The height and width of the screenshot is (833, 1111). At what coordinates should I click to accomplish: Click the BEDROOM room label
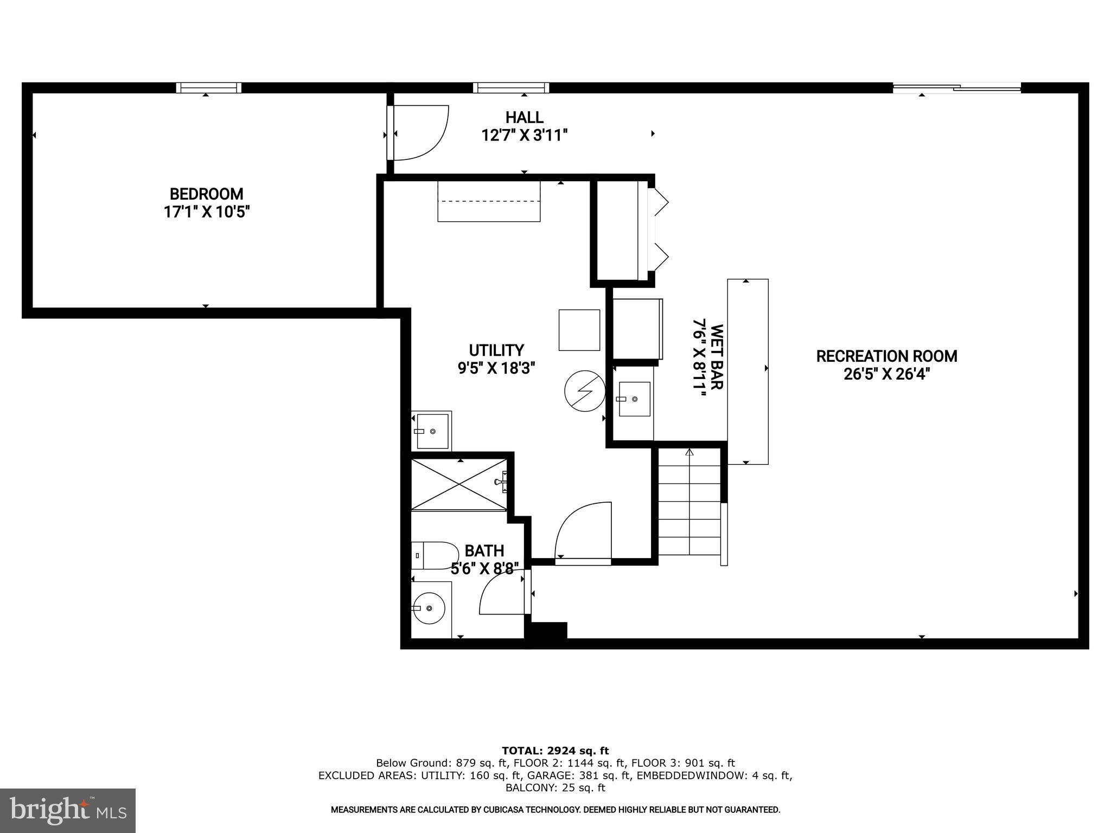206,194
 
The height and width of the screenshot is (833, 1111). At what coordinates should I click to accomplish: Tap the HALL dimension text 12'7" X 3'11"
524,135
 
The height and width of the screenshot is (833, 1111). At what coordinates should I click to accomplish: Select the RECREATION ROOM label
886,356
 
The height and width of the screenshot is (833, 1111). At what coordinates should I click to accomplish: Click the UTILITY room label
496,350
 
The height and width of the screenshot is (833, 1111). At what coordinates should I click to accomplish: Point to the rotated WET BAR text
716,357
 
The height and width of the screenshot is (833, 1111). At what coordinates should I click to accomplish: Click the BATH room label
484,550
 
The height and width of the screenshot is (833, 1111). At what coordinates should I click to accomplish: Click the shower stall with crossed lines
459,484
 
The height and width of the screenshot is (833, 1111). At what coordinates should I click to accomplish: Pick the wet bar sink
635,399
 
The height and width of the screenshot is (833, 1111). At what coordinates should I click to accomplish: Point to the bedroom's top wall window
208,88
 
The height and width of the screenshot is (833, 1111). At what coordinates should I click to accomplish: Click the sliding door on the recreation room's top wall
956,87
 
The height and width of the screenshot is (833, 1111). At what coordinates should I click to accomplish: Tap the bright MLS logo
68,810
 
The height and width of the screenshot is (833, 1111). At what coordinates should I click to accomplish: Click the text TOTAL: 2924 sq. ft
555,751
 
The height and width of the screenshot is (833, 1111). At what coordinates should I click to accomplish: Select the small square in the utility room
579,330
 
